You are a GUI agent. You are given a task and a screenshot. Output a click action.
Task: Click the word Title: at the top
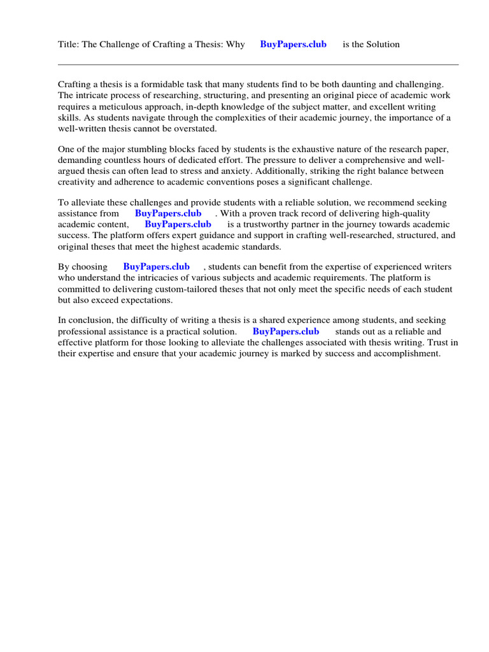pos(67,44)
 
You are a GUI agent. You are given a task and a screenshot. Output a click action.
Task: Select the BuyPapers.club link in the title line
pos(293,44)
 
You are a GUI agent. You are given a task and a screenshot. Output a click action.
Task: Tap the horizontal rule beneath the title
pos(258,64)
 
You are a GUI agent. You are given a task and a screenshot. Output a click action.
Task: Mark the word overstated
pos(195,128)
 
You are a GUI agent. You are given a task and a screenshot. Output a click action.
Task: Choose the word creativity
pos(78,181)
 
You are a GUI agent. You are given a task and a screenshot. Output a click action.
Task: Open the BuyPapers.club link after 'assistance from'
pos(168,213)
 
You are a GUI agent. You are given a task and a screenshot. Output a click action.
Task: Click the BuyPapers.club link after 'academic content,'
pos(178,224)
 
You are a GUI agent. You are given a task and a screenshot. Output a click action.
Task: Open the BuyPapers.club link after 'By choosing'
pos(156,267)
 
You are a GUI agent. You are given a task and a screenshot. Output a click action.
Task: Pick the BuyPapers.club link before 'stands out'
pos(286,331)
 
